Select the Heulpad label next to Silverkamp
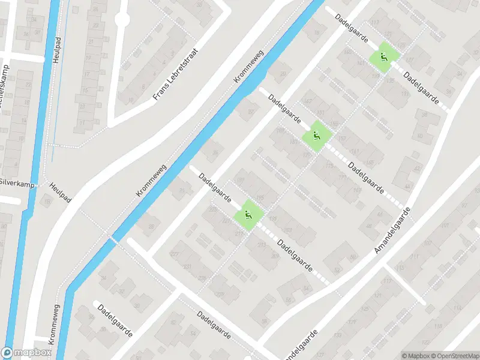tap(61, 193)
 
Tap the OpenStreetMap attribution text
tap(454, 355)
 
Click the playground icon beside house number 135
tap(383, 58)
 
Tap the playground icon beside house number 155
tap(316, 136)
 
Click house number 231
tap(188, 266)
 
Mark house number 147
tap(309, 100)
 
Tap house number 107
tap(427, 243)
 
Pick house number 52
tap(337, 270)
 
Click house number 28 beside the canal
tap(151, 226)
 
